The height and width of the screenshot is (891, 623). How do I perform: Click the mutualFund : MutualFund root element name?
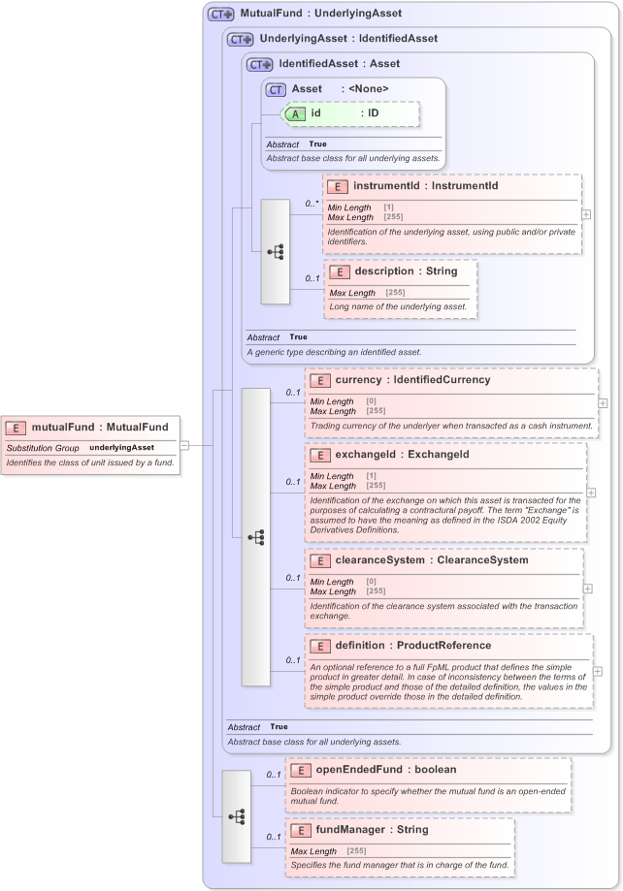(100, 427)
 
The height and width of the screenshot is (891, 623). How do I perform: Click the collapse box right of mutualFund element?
(184, 445)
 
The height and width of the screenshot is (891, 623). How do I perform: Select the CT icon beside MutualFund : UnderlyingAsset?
(221, 15)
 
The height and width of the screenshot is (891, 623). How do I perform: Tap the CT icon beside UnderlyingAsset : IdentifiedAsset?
(240, 39)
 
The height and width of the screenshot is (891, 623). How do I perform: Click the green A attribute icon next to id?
(294, 113)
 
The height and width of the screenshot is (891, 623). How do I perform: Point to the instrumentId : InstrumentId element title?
(425, 186)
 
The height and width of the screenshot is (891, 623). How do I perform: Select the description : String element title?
(406, 271)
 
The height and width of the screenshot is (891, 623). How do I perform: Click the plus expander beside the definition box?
(597, 671)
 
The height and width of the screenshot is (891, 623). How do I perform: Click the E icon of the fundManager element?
(301, 830)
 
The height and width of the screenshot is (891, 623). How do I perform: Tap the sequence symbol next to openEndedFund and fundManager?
(236, 816)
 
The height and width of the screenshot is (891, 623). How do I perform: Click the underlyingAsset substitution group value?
(122, 448)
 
